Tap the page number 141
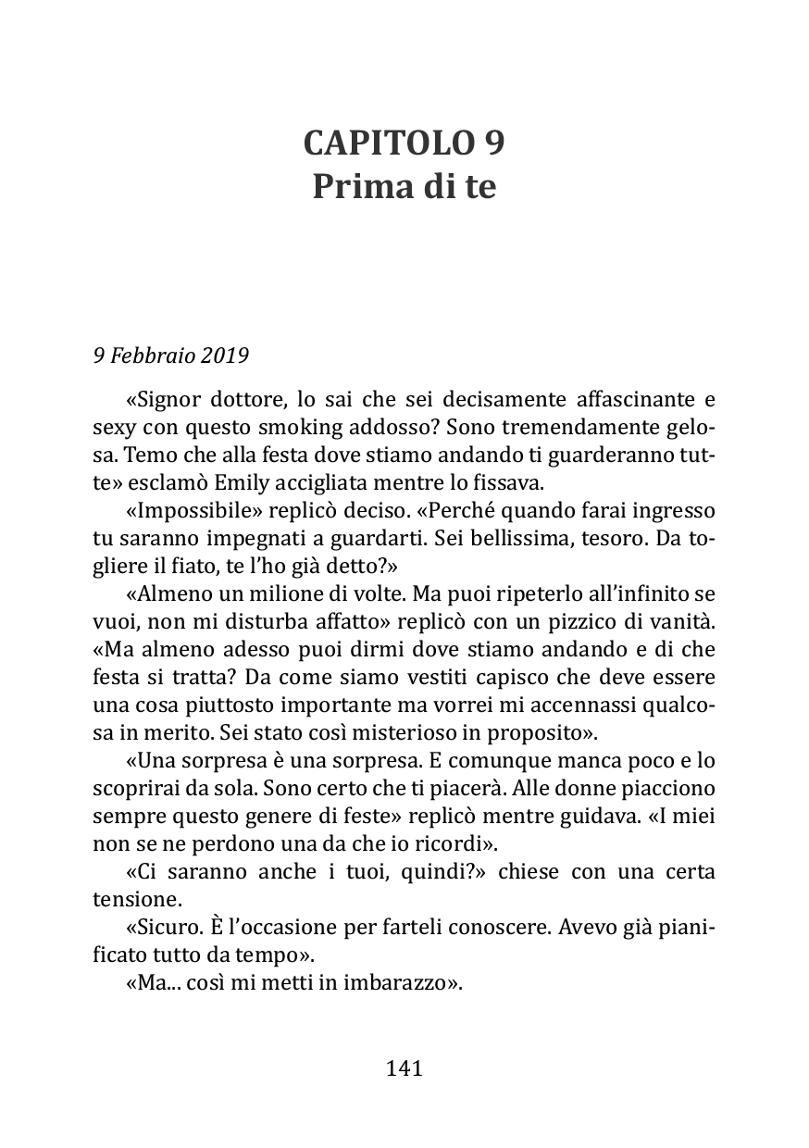pyautogui.click(x=404, y=1068)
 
